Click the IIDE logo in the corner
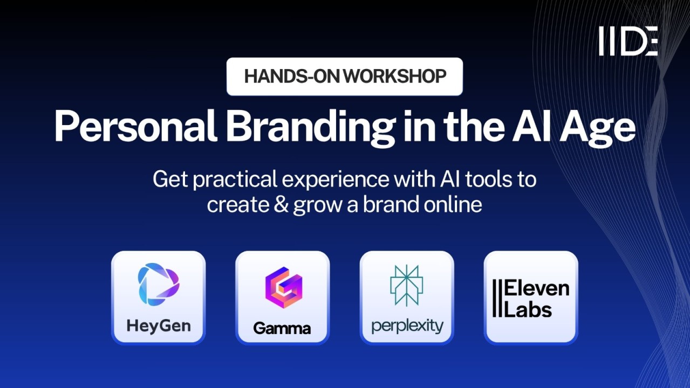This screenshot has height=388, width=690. tap(628, 41)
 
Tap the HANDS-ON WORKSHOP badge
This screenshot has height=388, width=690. tap(345, 77)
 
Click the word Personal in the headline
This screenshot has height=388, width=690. tap(135, 127)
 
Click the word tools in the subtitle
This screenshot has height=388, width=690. tap(489, 179)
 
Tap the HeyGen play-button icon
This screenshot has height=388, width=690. tap(158, 284)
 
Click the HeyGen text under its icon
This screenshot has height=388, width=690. tap(158, 325)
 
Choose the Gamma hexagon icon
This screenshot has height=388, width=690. tap(283, 288)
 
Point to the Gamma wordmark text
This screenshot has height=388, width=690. tap(282, 328)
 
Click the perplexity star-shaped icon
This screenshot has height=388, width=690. tap(407, 285)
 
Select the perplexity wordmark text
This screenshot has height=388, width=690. tap(407, 325)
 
